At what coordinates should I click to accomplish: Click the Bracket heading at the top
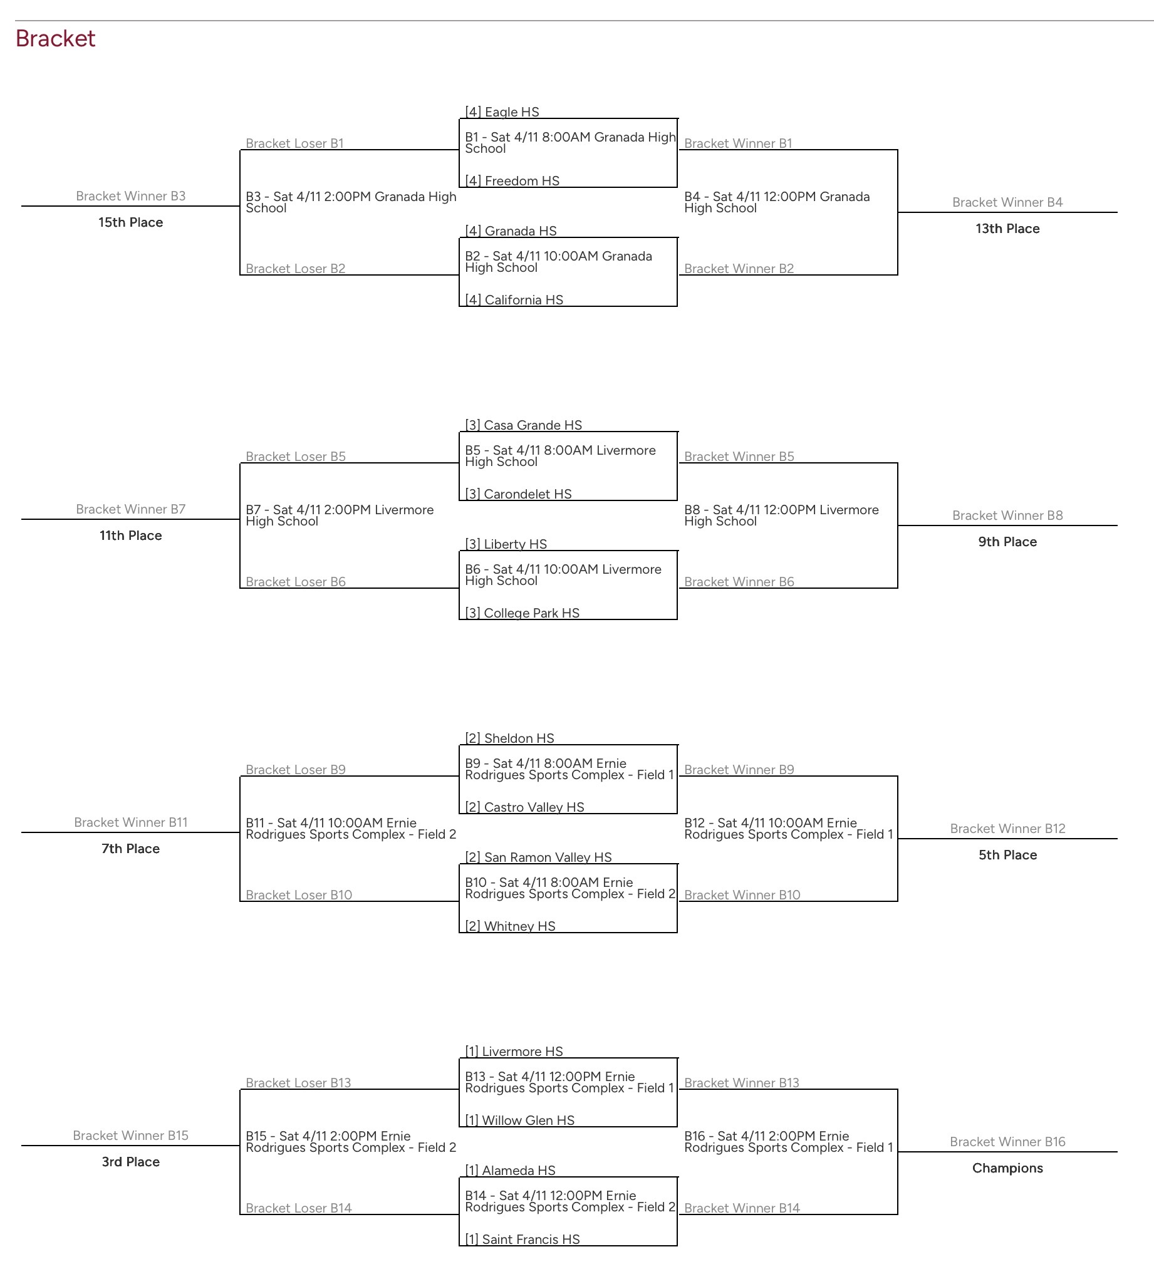coord(55,39)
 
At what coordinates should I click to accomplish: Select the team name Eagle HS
coord(502,112)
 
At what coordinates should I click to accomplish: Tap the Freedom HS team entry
coord(512,181)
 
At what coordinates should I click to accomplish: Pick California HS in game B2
coord(514,300)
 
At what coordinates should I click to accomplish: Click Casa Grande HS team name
coord(524,425)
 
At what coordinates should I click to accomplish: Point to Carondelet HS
coord(519,494)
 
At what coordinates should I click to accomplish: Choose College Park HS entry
coord(522,613)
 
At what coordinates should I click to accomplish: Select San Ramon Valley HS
coord(538,857)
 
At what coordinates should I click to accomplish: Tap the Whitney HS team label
coord(511,926)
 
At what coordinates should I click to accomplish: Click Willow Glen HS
coord(520,1120)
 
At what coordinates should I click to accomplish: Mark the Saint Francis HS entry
coord(522,1239)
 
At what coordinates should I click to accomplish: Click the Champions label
coord(1007,1168)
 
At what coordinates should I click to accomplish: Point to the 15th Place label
coord(130,222)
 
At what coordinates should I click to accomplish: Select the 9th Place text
coord(1007,542)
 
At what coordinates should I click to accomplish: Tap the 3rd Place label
coord(130,1162)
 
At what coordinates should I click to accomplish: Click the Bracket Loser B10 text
coord(299,895)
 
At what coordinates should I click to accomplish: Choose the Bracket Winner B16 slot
coord(1007,1142)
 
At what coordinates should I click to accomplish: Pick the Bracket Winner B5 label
coord(739,457)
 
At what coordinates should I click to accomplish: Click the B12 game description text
coord(788,829)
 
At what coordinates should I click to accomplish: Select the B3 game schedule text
coord(351,202)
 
